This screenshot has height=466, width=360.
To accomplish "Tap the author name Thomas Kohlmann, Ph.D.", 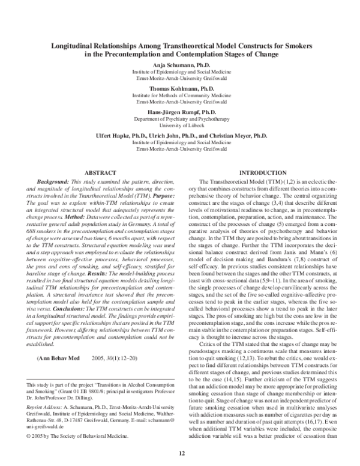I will tap(179, 88).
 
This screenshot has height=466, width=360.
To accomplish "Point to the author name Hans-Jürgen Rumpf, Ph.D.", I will tap(179, 112).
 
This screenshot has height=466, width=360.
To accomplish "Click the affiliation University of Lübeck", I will tap(179, 126).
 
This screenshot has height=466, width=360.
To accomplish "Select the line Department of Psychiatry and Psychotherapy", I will tap(179, 119).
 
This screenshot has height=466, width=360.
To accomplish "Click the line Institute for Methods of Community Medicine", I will tap(179, 95).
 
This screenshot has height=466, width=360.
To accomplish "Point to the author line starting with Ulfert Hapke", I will tap(179, 135).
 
